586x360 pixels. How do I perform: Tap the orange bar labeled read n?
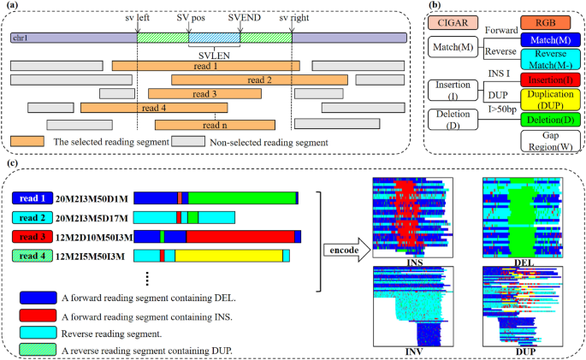(x=203, y=124)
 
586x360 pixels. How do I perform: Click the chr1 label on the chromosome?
(x=20, y=38)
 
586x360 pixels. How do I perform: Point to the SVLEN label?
(x=213, y=51)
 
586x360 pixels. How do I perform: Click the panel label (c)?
(x=10, y=162)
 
